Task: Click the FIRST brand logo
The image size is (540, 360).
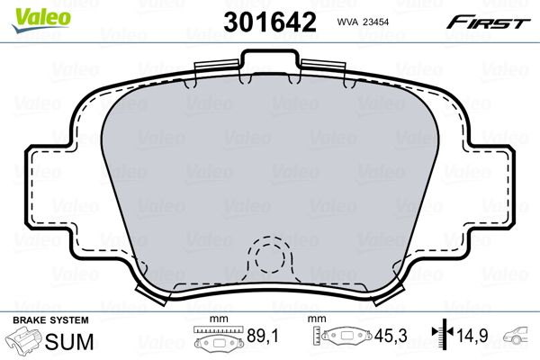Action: coord(493,21)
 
